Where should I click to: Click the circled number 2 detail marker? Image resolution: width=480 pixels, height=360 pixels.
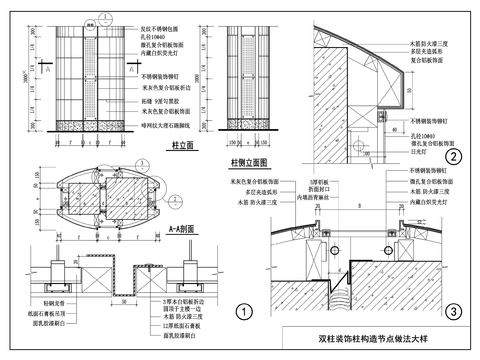click(x=453, y=156)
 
